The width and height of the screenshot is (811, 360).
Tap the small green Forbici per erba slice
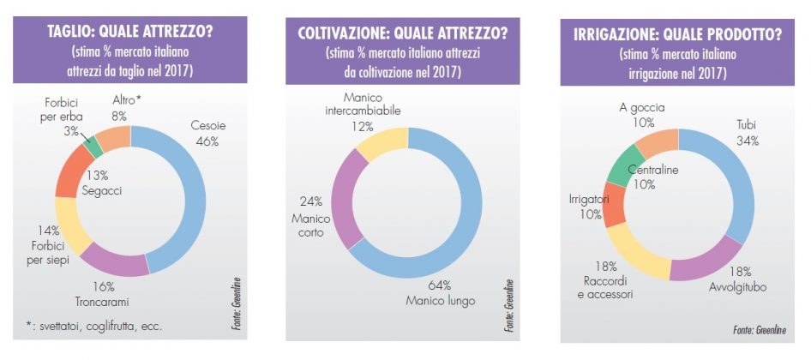click(x=96, y=147)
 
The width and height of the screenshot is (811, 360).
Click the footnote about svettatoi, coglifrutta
click(x=93, y=326)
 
